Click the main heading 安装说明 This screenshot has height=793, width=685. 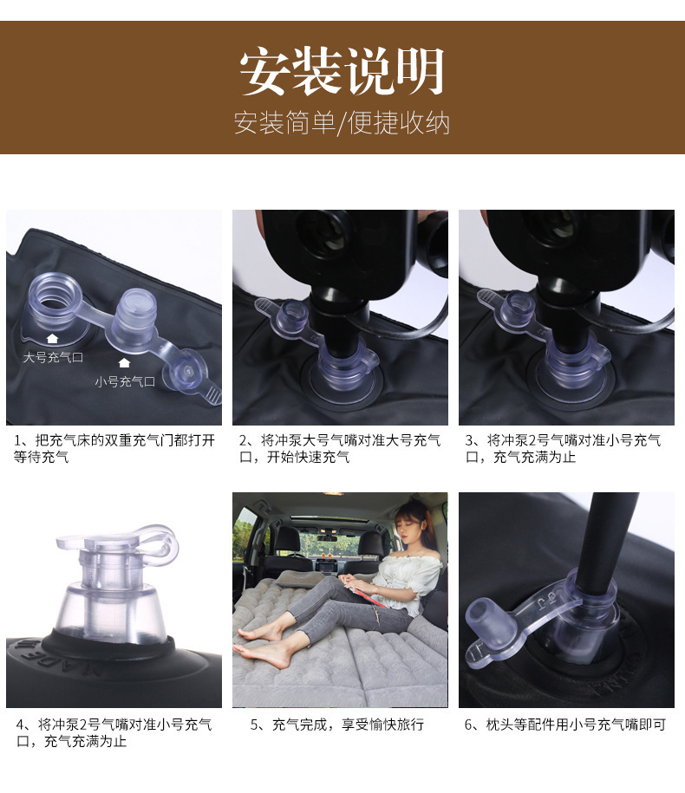point(342,72)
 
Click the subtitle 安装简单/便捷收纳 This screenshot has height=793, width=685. point(342,123)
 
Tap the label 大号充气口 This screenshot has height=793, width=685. point(53,356)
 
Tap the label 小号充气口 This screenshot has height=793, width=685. point(125,380)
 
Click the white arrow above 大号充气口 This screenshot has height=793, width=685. point(52,339)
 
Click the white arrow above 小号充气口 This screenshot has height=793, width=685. point(124,362)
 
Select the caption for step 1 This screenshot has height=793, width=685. point(114,448)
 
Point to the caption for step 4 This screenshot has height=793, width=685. point(114,732)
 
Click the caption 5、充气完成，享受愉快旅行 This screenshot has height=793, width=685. point(337,725)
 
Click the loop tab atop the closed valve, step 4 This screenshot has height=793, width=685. point(156,538)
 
